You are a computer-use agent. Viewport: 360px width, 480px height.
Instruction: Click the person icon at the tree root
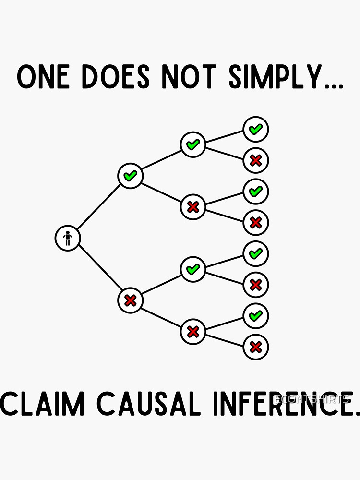click(x=68, y=238)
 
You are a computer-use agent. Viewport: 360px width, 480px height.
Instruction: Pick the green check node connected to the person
click(x=130, y=176)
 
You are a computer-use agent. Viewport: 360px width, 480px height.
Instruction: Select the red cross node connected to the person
click(x=130, y=300)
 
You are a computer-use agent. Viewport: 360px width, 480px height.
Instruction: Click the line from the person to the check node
click(x=99, y=207)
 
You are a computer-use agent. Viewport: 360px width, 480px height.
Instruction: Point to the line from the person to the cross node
click(x=99, y=269)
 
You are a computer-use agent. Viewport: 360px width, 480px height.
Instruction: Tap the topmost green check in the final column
click(x=255, y=129)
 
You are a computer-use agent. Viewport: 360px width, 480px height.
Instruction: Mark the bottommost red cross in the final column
click(x=255, y=347)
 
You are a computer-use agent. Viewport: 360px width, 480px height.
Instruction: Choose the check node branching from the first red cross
click(x=193, y=269)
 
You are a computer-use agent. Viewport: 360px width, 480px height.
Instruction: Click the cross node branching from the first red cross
click(x=193, y=332)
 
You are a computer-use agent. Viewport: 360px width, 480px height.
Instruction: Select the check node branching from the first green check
click(x=193, y=144)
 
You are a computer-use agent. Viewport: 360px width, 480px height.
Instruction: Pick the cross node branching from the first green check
click(x=193, y=207)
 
